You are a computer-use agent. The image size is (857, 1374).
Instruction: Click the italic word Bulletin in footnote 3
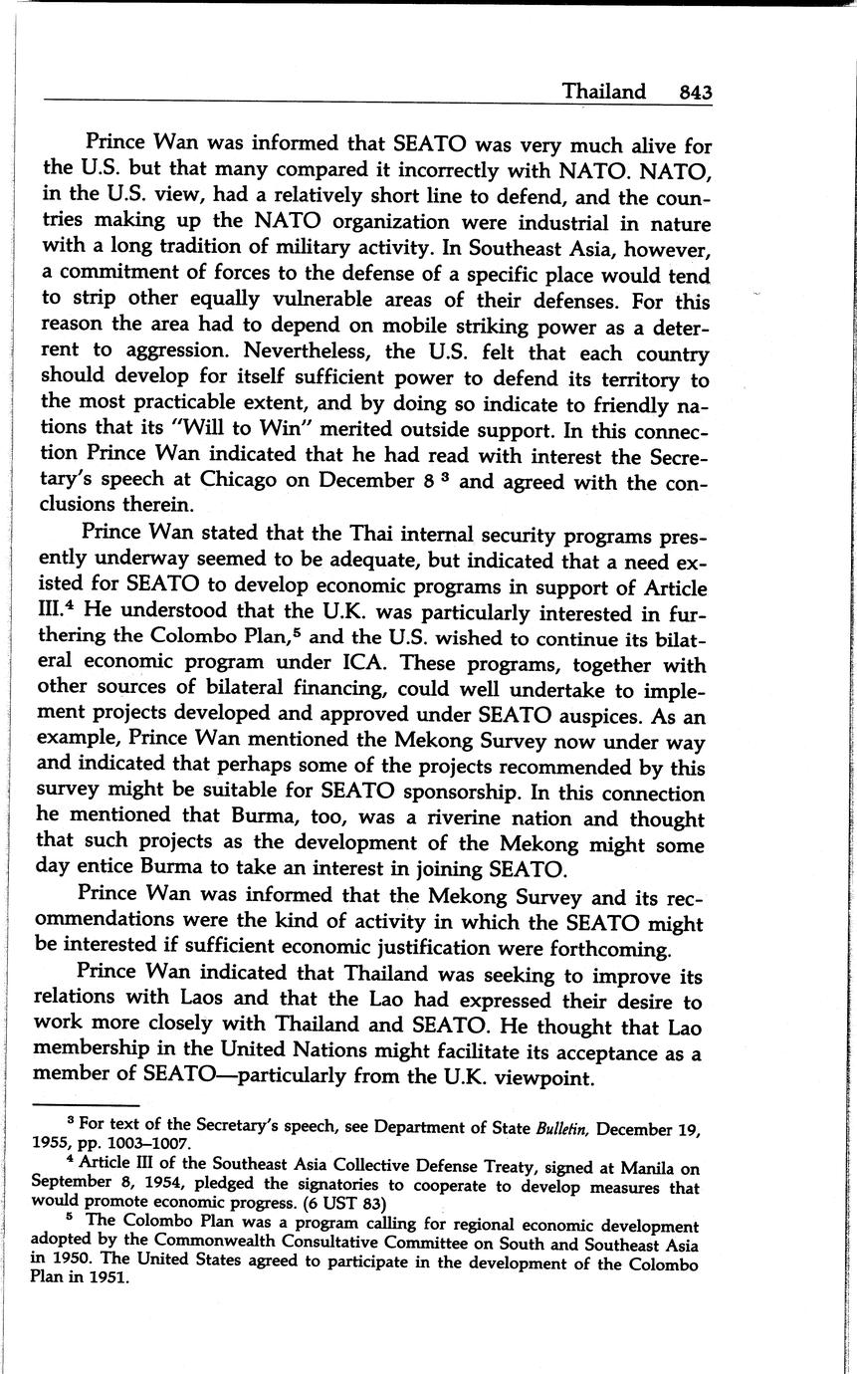(566, 1129)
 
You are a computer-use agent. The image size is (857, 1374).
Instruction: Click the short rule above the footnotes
(84, 1106)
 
